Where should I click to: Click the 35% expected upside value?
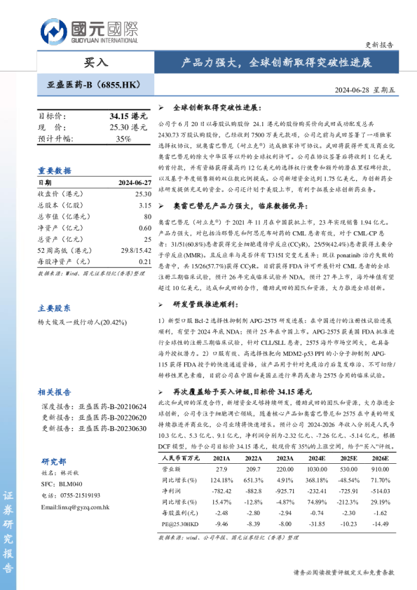pos(123,139)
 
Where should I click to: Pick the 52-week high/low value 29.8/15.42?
pos(132,249)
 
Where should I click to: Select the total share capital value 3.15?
pos(145,205)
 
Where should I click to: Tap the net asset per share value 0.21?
pos(144,261)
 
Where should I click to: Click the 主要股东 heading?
pos(55,308)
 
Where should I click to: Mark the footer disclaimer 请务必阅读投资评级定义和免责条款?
pos(343,572)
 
